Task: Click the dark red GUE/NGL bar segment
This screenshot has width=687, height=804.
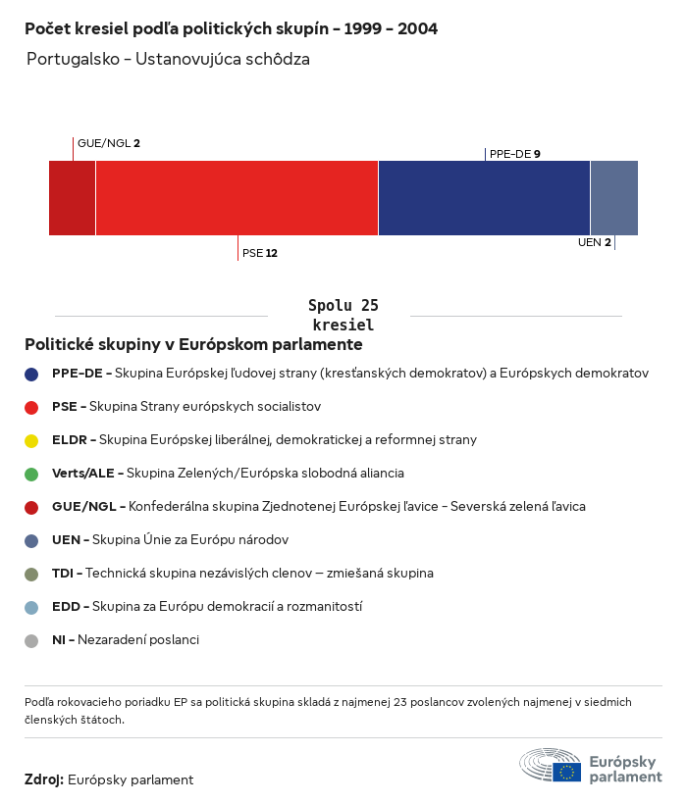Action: (x=72, y=198)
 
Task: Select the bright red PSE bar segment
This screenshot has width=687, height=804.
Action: (x=237, y=198)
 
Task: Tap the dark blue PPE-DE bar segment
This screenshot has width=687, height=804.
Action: (x=484, y=198)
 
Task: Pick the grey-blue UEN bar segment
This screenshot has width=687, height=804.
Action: (x=613, y=198)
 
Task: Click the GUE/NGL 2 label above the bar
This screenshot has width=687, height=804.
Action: (x=109, y=143)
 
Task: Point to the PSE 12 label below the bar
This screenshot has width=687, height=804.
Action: (x=260, y=253)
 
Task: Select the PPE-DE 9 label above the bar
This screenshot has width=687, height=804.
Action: (x=515, y=154)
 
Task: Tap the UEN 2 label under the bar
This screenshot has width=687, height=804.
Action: (x=595, y=242)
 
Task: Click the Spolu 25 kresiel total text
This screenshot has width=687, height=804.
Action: (x=343, y=315)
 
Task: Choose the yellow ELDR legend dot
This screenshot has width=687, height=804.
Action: (x=32, y=440)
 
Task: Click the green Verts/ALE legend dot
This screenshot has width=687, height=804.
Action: (x=32, y=474)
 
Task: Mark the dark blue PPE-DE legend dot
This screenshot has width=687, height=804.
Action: (x=32, y=374)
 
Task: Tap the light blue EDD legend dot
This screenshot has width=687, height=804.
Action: (x=32, y=607)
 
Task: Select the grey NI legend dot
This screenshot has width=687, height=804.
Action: (x=32, y=640)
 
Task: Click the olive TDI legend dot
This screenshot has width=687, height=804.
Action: (x=32, y=574)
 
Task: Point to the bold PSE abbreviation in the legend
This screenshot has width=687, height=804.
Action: (x=65, y=407)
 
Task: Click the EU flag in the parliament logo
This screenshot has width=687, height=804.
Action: (x=566, y=771)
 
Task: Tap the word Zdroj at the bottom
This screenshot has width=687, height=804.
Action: (x=43, y=779)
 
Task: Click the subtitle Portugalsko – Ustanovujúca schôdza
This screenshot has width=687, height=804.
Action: (x=168, y=59)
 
